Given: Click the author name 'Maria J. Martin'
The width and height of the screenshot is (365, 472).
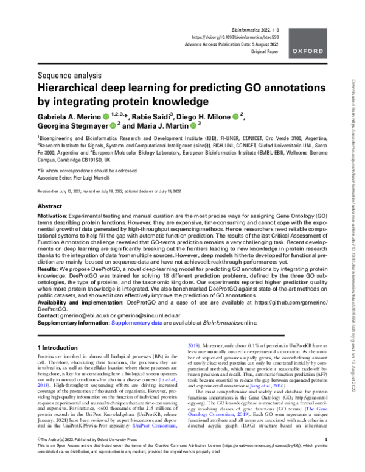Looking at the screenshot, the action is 161,125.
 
